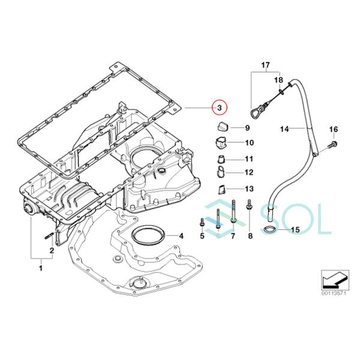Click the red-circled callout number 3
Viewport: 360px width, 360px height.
[220, 107]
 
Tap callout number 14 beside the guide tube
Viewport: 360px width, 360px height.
[285, 128]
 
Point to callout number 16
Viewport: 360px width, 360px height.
[334, 130]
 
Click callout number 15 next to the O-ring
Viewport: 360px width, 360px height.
[294, 230]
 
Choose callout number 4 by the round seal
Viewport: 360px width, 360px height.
[181, 236]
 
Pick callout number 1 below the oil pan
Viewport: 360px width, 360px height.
[40, 268]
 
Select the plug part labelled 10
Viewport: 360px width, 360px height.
[220, 143]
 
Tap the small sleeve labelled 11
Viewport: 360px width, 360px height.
[221, 160]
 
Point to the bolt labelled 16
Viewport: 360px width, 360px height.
[333, 145]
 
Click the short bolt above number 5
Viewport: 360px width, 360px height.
[202, 223]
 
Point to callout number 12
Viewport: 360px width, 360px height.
[249, 172]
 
